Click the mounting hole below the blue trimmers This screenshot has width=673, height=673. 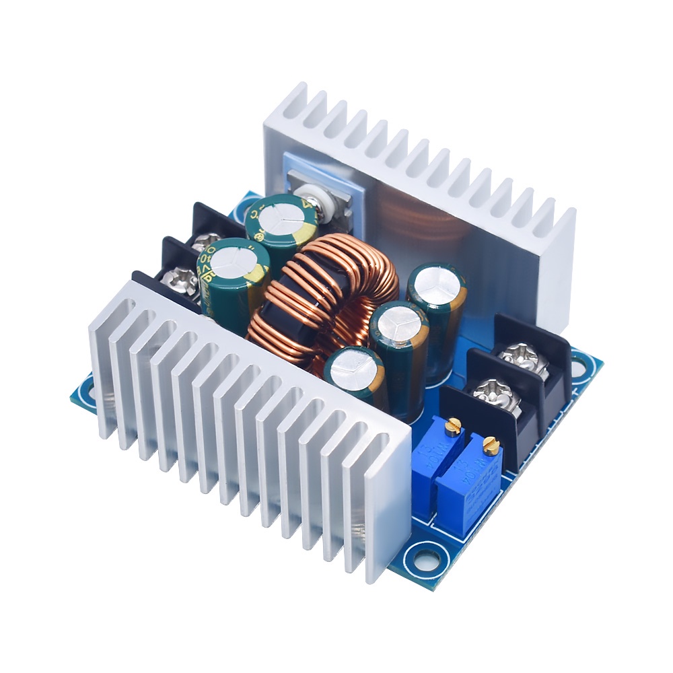424,558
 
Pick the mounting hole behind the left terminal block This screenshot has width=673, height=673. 250,202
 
